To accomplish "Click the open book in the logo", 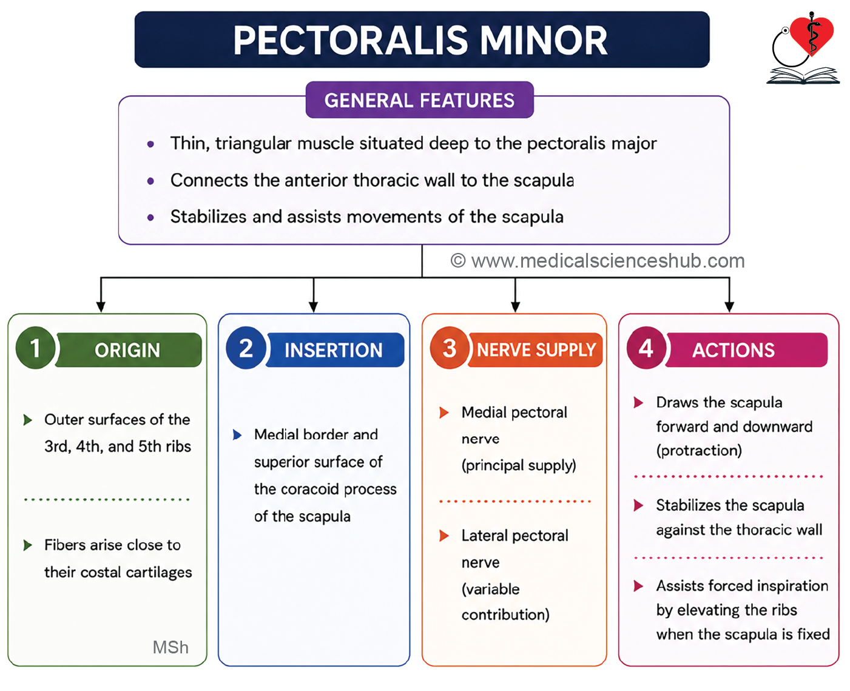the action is [x=803, y=75].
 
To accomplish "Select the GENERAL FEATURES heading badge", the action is [x=419, y=99].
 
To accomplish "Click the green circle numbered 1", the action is [x=36, y=348].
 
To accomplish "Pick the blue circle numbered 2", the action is [x=246, y=348].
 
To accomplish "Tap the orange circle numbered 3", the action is [x=450, y=348].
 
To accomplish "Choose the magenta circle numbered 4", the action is [x=646, y=348].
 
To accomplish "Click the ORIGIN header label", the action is [x=127, y=350].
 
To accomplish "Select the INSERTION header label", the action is [x=334, y=350].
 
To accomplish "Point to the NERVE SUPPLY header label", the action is [x=536, y=350].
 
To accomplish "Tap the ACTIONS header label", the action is [x=734, y=350].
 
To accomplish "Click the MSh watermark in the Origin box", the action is [x=170, y=647].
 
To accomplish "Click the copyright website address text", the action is [x=598, y=261].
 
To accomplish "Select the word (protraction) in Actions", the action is [x=699, y=450].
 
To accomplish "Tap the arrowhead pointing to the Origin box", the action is [x=101, y=306].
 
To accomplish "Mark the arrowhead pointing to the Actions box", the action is [x=729, y=306].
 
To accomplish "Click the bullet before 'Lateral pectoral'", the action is [x=444, y=536].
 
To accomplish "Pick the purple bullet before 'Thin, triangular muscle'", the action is [x=150, y=144].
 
